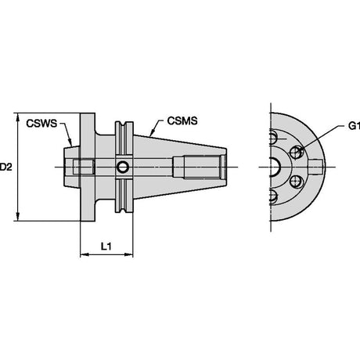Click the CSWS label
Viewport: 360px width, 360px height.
click(41, 123)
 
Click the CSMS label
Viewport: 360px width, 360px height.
click(182, 121)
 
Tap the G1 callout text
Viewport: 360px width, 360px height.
click(354, 126)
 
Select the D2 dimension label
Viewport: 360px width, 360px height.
click(5, 167)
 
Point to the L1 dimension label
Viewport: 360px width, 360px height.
click(106, 246)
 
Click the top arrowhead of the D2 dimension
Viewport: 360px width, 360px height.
click(18, 117)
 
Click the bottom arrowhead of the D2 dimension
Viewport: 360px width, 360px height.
click(18, 217)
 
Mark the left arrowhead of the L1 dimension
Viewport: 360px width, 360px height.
click(85, 254)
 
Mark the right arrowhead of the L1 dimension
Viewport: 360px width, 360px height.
click(128, 254)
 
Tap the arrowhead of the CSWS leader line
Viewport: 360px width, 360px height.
click(70, 142)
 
